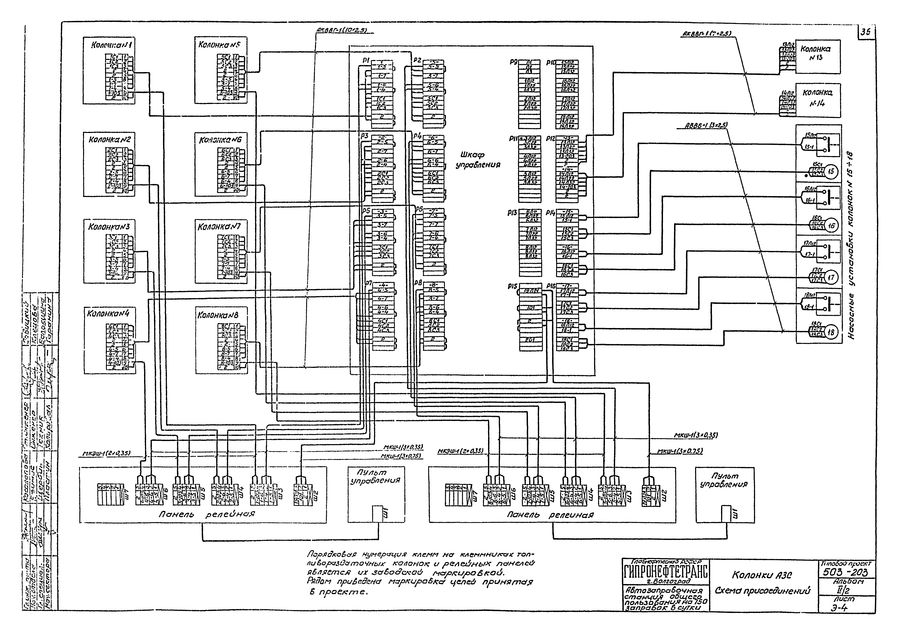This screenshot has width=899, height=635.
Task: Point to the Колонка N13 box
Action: point(818,56)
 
